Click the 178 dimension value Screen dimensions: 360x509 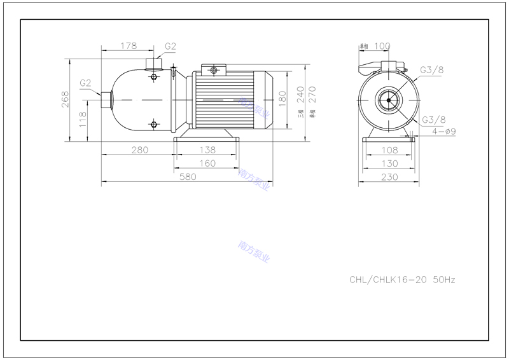tap(129, 45)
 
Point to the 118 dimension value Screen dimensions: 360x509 tap(82, 119)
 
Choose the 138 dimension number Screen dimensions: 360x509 tap(206, 150)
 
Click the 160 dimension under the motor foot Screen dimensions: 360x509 tap(206, 163)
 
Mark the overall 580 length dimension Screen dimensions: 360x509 tap(188, 177)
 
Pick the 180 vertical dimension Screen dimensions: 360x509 tap(282, 100)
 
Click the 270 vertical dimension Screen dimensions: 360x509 tap(312, 95)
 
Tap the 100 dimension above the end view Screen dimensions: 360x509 tap(382, 46)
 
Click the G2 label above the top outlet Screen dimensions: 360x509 tap(171, 46)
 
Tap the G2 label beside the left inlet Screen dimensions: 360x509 tap(86, 83)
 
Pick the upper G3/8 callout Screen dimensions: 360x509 tap(432, 70)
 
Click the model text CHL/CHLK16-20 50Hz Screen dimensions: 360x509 tap(403, 279)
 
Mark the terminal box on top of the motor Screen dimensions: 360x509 tap(214, 70)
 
